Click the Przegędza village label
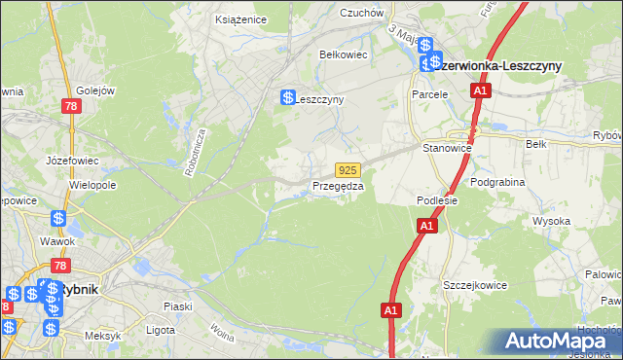click(x=338, y=186)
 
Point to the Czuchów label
click(x=359, y=13)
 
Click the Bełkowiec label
click(x=343, y=54)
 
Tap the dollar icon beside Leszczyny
click(x=288, y=97)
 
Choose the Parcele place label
click(x=428, y=94)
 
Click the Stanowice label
click(x=447, y=148)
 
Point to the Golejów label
click(x=95, y=90)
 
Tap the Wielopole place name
click(x=92, y=183)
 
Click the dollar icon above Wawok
click(x=58, y=219)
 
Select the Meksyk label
click(x=101, y=336)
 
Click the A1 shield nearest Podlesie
click(x=425, y=226)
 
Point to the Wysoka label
click(x=551, y=221)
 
